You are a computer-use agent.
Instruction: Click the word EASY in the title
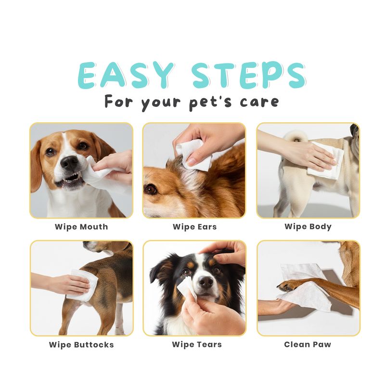(126, 75)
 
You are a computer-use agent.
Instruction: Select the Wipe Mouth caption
(81, 227)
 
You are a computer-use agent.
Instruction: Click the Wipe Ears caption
(195, 227)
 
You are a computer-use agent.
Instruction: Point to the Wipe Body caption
(308, 227)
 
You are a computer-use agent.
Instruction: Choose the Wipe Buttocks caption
(81, 345)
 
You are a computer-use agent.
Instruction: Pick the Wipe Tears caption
(197, 345)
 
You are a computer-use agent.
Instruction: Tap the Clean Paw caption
(308, 345)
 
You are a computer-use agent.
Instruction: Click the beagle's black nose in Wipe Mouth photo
(70, 163)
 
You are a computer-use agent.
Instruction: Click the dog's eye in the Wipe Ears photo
(151, 189)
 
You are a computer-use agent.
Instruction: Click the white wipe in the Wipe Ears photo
(194, 154)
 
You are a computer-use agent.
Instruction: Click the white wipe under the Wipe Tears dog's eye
(187, 288)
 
